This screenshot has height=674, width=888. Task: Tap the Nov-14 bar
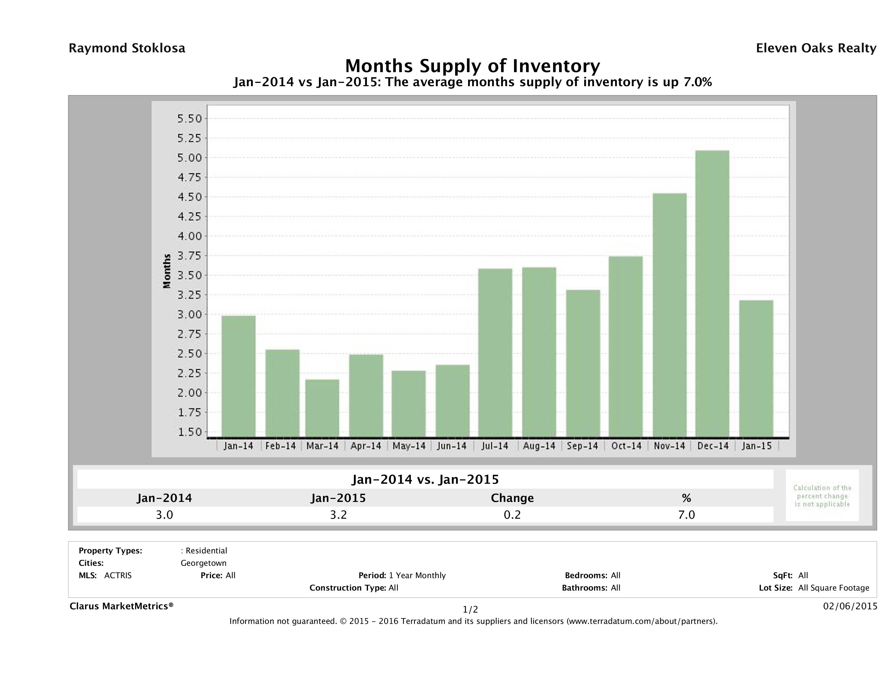[670, 315]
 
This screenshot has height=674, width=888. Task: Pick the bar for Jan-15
[756, 369]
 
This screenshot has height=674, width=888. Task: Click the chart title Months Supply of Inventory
[472, 66]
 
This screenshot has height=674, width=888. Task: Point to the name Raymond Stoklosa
[127, 48]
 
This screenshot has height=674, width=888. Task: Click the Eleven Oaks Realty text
[816, 48]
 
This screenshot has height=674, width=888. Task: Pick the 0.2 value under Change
[512, 515]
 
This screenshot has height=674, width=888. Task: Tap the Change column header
[512, 498]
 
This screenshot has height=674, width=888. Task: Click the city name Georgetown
[204, 563]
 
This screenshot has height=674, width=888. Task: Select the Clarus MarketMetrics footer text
[121, 606]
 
